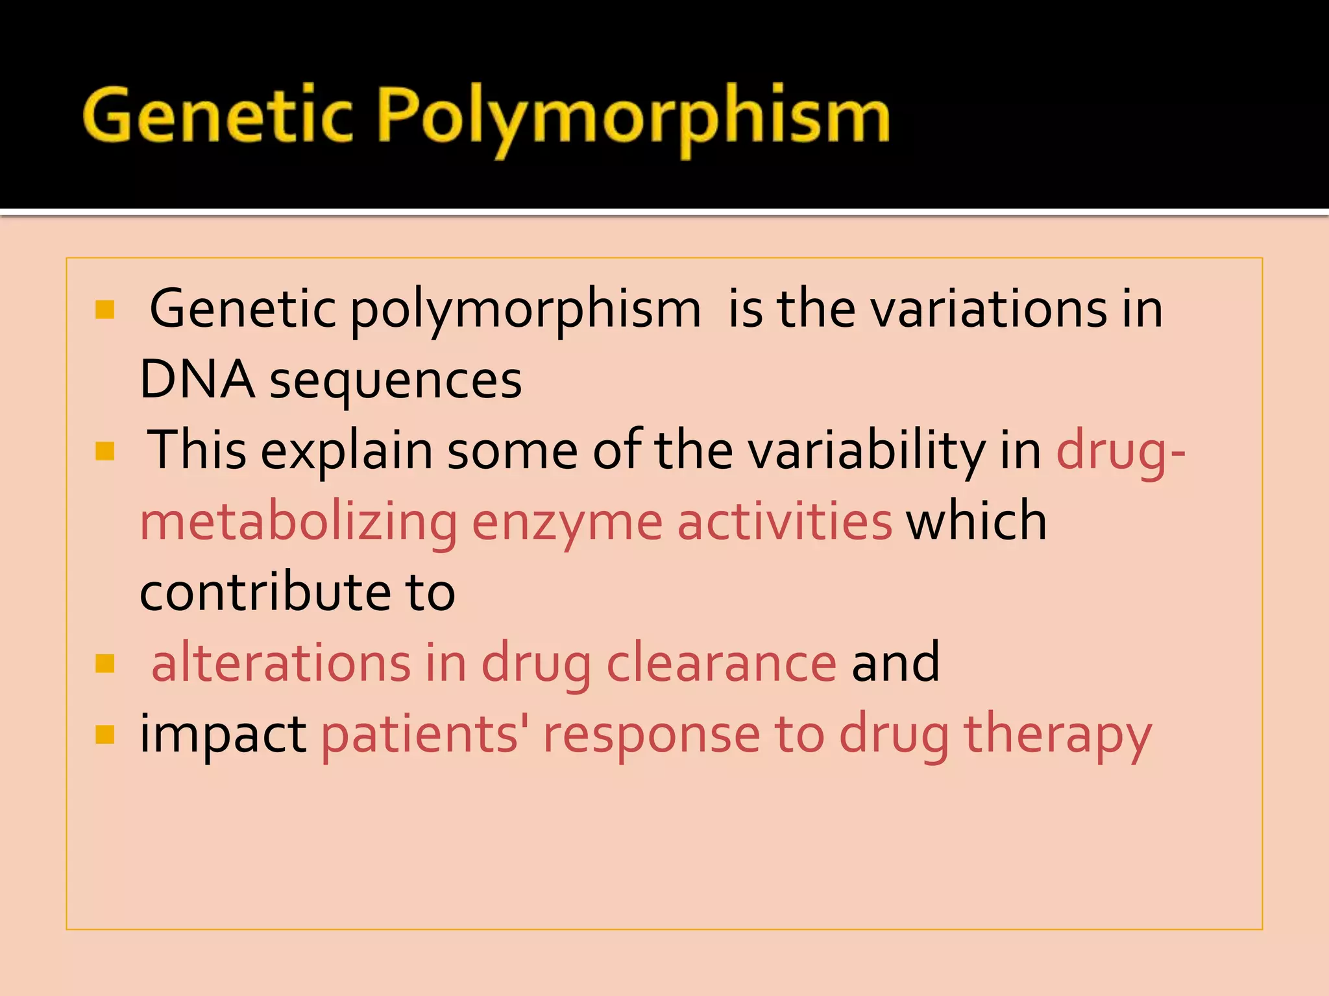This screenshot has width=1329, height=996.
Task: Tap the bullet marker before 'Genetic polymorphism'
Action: coord(104,309)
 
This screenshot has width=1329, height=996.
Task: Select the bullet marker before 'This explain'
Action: coord(104,451)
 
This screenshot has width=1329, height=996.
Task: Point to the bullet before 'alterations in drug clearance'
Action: coord(104,663)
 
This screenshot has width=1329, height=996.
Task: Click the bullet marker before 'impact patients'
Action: coord(104,734)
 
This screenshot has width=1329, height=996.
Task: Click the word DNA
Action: coord(197,379)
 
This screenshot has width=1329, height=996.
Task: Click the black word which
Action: coord(977,521)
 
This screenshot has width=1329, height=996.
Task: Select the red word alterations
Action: coord(281,663)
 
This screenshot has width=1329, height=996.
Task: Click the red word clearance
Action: coord(722,663)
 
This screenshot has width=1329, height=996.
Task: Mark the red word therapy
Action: coord(1058,735)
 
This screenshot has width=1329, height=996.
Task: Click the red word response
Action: coord(652,737)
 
